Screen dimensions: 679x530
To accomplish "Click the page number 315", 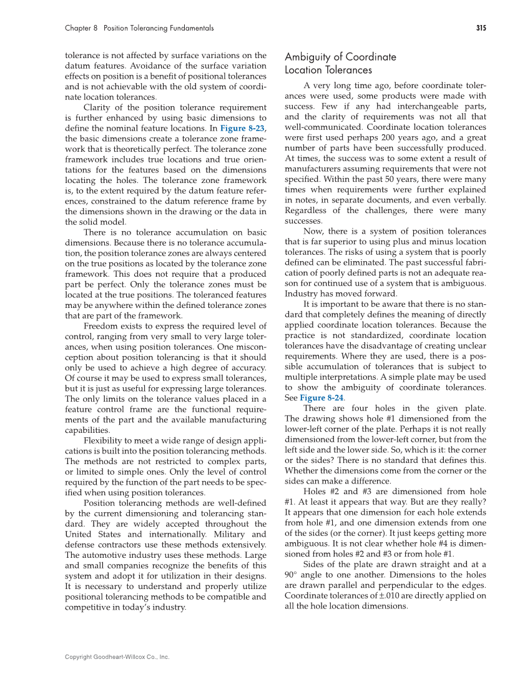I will tap(481, 28).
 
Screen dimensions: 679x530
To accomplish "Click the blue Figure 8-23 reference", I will tap(241, 127).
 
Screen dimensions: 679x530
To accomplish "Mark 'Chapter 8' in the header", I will tap(82, 28).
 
